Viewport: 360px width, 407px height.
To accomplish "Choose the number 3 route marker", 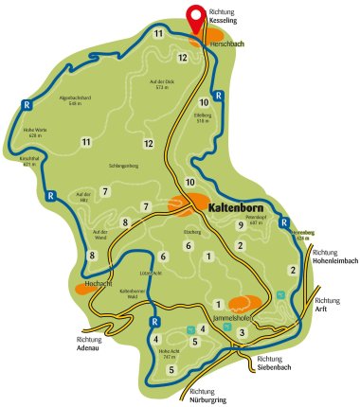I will click(x=243, y=332).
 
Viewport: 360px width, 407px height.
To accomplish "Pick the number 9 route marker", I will click(x=241, y=224).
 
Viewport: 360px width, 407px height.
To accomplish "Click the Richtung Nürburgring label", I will click(x=212, y=396).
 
